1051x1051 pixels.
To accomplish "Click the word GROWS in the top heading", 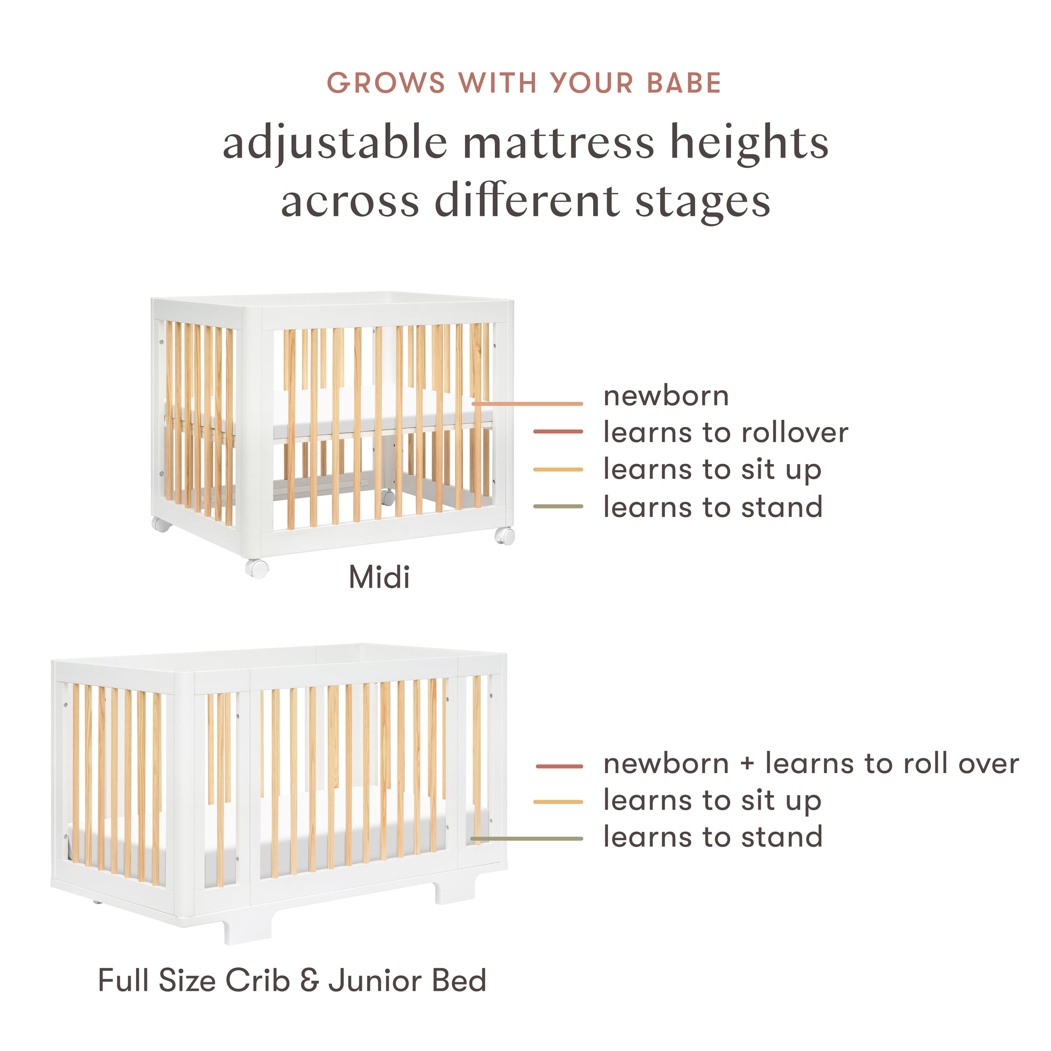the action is click(x=386, y=83).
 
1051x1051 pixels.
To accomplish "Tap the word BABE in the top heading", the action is click(x=684, y=83).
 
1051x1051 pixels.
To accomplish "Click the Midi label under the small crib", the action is click(x=379, y=577).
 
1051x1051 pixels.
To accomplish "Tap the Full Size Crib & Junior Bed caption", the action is click(x=292, y=981).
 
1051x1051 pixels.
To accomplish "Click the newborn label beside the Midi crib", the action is click(x=666, y=396).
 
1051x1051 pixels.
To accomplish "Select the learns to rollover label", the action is click(x=726, y=433).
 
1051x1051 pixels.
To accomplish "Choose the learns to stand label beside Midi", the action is click(x=713, y=507).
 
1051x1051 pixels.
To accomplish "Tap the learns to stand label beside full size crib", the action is click(x=713, y=837).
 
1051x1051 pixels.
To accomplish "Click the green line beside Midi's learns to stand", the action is click(x=558, y=507).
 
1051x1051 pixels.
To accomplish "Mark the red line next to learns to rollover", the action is click(x=558, y=432).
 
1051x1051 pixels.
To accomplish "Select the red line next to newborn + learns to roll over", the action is click(x=559, y=766).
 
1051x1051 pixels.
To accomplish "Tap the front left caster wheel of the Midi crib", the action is click(x=257, y=568).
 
